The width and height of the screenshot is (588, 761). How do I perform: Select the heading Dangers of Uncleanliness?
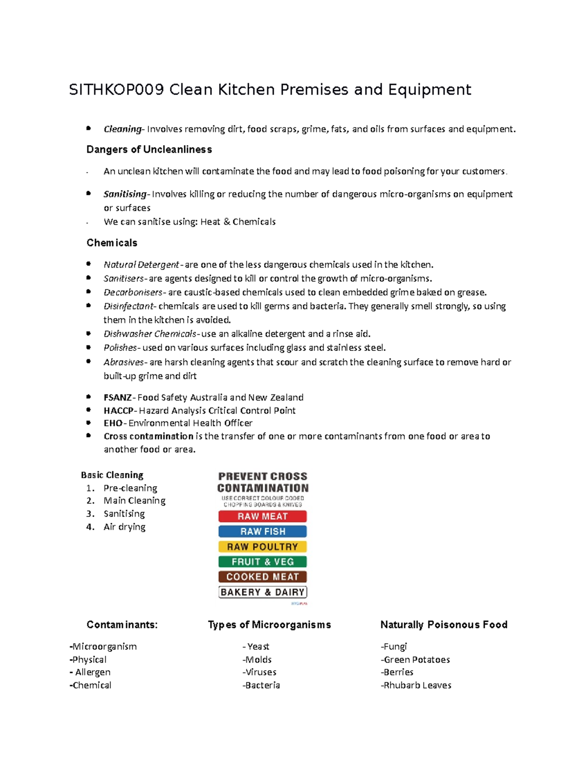point(149,149)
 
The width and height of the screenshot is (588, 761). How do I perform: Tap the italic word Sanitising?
point(125,194)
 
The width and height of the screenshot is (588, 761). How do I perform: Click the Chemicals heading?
point(112,243)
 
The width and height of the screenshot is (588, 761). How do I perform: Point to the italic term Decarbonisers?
point(133,293)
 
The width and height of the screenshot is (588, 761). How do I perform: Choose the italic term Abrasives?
point(123,362)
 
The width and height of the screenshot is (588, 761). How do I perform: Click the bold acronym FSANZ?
point(118,397)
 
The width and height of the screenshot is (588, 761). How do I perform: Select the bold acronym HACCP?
point(118,411)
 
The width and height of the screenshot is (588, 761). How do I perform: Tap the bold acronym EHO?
point(113,423)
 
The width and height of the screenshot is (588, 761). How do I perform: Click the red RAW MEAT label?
point(263,516)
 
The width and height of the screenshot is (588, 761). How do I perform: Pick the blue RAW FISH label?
point(263,531)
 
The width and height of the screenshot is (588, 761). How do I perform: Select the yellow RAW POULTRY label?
point(263,546)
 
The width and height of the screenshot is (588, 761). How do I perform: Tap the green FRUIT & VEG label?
point(263,562)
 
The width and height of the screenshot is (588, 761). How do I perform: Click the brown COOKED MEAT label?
point(263,577)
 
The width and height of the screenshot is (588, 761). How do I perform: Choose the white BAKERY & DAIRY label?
point(263,592)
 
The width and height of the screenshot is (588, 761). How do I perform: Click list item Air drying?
point(124,527)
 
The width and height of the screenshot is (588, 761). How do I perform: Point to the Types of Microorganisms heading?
point(269,625)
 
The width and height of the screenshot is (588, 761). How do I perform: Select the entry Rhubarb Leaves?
point(417,685)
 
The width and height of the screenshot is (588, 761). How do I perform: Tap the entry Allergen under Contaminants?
point(93,672)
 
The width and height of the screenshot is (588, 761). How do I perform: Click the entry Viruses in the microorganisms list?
point(260,672)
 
